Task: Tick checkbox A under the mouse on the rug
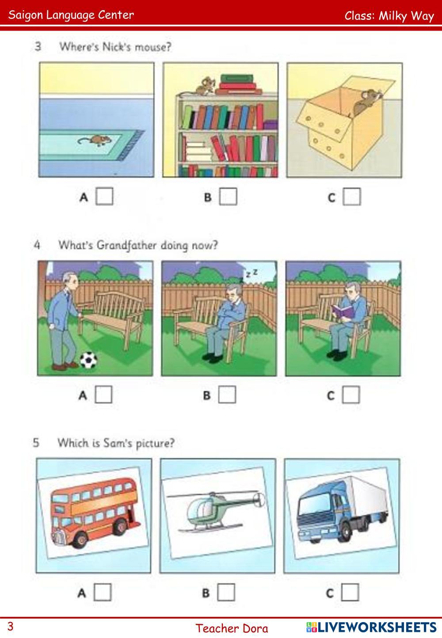click(x=104, y=196)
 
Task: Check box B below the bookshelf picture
click(x=228, y=196)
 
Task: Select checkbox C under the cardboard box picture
click(x=352, y=197)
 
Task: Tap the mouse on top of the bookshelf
click(x=205, y=85)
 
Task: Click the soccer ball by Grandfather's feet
click(x=88, y=360)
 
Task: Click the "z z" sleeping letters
click(x=251, y=273)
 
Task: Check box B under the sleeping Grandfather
click(x=227, y=395)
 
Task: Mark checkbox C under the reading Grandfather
click(x=351, y=395)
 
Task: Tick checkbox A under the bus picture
click(x=103, y=592)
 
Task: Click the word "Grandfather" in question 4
click(x=126, y=245)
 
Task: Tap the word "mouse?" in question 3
click(x=153, y=47)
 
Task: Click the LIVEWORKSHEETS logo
click(x=371, y=627)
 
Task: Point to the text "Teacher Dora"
click(x=232, y=628)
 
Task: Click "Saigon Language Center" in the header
click(x=71, y=15)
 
